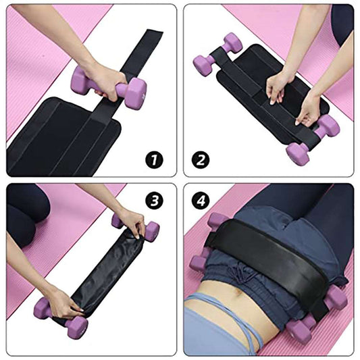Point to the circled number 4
(202, 201)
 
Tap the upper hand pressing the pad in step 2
(278, 84)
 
